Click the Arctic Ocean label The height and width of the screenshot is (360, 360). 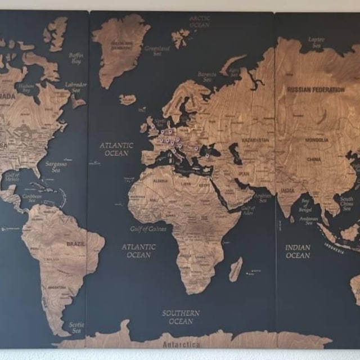tap(200, 21)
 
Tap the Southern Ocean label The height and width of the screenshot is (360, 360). tap(181, 317)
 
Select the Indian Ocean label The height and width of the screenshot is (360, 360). tap(298, 251)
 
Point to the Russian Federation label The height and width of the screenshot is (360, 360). tap(316, 89)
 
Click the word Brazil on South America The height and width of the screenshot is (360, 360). tap(75, 244)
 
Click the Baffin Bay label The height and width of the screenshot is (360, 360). tap(76, 58)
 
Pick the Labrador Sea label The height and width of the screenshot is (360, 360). tap(76, 87)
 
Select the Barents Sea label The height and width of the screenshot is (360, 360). tap(207, 76)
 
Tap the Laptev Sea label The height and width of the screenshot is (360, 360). tap(317, 42)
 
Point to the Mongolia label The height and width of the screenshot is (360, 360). tap(317, 139)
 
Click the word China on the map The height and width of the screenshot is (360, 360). tap(314, 159)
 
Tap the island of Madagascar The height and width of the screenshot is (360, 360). tap(236, 270)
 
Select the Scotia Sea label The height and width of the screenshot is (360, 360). tap(76, 327)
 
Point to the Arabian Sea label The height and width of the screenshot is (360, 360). tap(263, 197)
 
